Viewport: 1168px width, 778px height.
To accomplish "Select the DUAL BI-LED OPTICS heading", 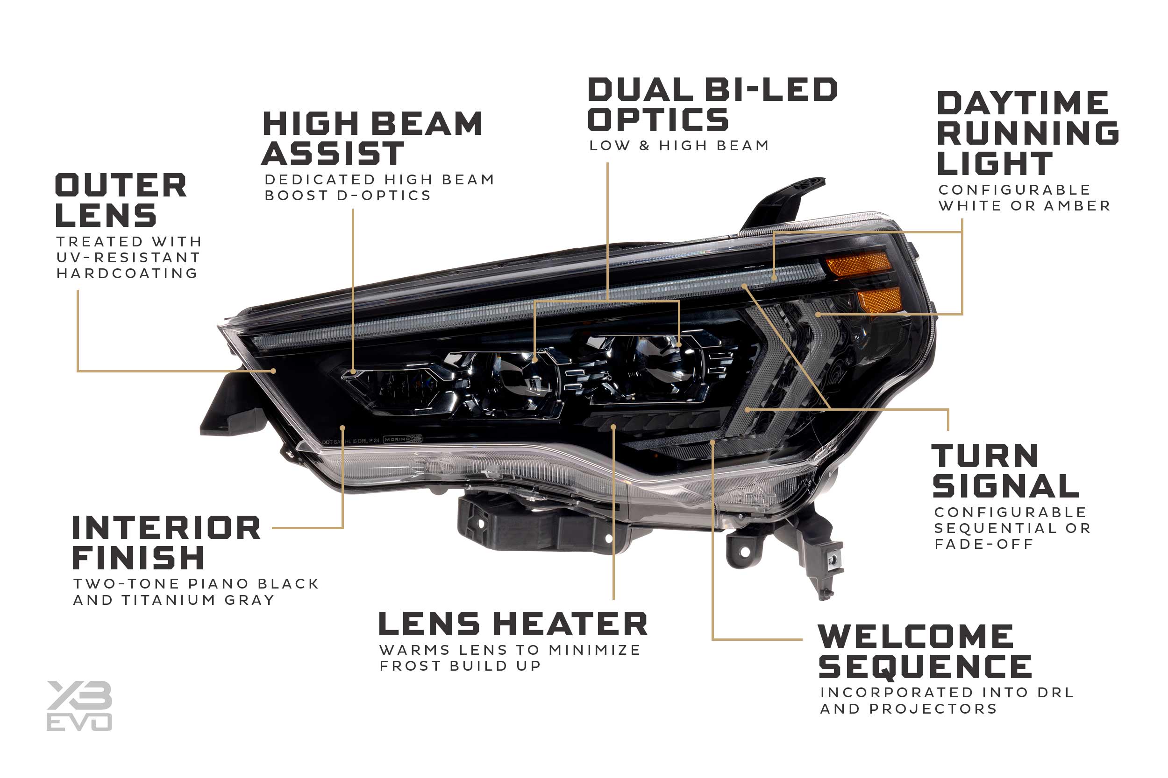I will click(x=712, y=104).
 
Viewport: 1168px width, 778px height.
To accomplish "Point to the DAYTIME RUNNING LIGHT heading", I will click(x=1027, y=133).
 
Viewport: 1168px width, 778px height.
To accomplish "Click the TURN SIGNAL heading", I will click(x=1005, y=471).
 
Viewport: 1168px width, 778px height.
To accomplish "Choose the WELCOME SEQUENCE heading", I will click(x=925, y=652).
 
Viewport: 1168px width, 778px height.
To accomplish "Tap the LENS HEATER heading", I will click(x=513, y=624).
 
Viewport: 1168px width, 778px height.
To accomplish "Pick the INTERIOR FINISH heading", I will click(x=166, y=542).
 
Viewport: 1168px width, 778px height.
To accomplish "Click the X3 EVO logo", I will click(x=79, y=706).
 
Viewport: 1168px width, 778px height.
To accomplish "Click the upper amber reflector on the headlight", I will click(x=858, y=264).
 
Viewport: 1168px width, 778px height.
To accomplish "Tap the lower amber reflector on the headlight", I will click(x=879, y=300).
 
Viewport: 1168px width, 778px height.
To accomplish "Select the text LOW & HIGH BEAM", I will click(x=679, y=146).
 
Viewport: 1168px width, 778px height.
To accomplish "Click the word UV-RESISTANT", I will click(x=128, y=258).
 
